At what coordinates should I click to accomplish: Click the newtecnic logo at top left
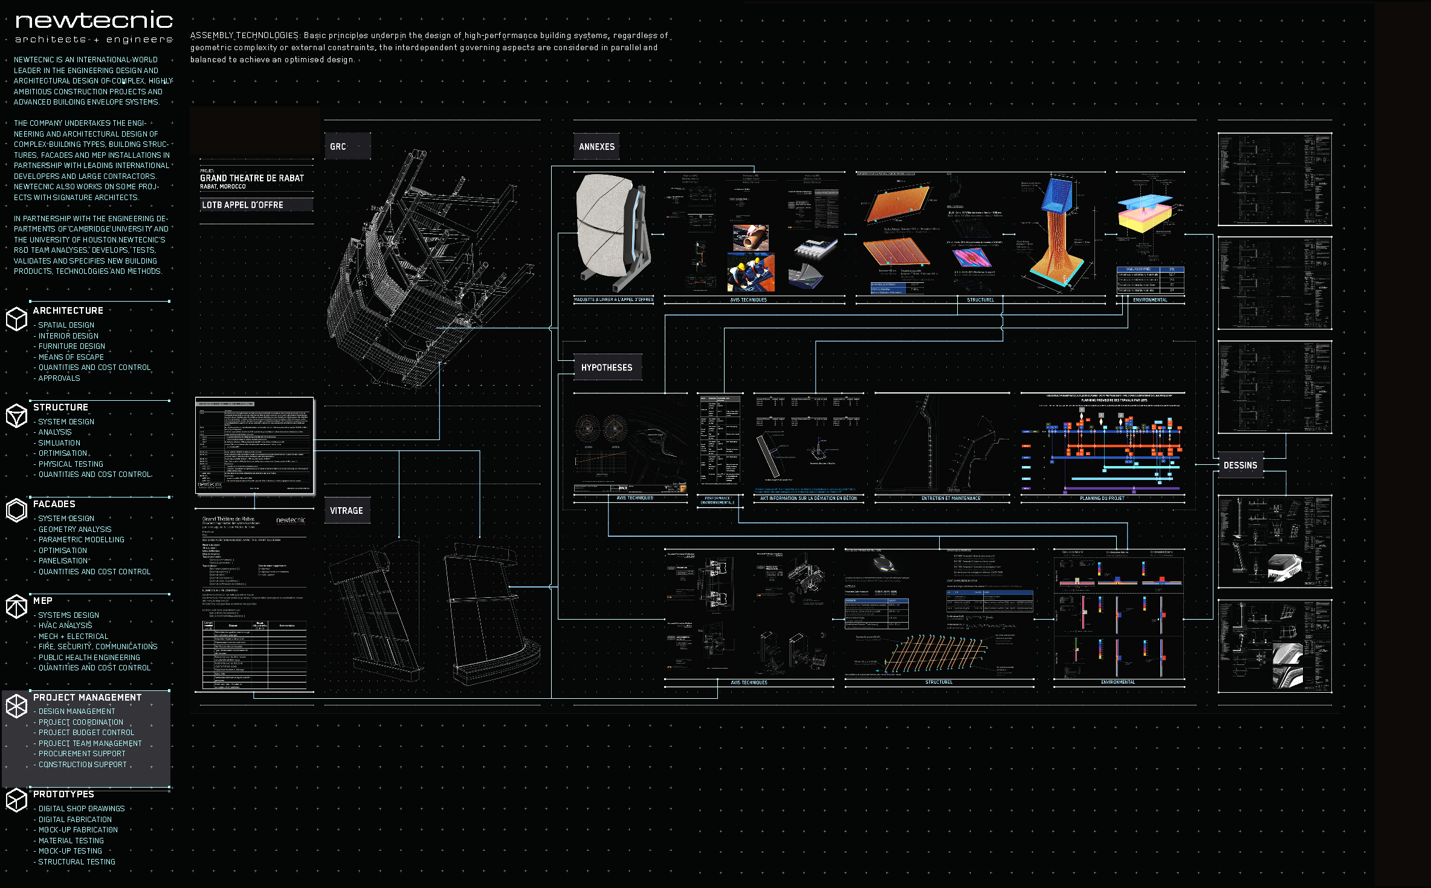click(x=94, y=22)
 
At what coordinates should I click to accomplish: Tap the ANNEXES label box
click(x=596, y=147)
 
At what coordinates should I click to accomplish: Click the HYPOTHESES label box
click(x=607, y=368)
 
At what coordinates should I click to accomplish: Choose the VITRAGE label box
click(x=347, y=511)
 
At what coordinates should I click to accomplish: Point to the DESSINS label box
click(x=1240, y=465)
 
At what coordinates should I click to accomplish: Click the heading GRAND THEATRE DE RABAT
click(x=252, y=178)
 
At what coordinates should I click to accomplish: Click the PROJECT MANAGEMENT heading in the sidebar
click(x=87, y=698)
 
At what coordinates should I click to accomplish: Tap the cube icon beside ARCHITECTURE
click(x=16, y=319)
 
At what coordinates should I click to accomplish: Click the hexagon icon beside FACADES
click(x=16, y=511)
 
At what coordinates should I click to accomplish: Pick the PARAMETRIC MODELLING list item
click(x=81, y=540)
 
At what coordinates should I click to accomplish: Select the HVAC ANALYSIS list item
click(x=65, y=626)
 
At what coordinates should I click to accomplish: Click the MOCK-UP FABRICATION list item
click(x=78, y=830)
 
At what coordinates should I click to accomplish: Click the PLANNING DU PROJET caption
click(x=1102, y=499)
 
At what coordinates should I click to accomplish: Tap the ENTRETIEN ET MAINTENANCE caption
click(x=950, y=499)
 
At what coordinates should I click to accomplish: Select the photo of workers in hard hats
click(x=751, y=272)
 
